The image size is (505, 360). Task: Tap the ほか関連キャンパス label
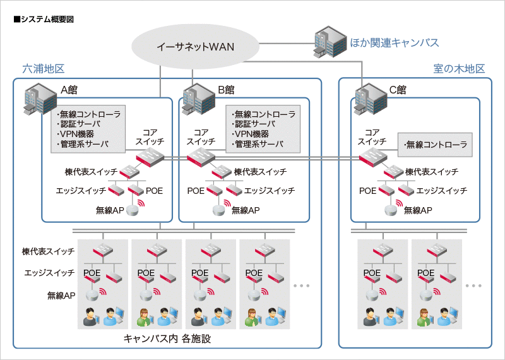point(395,43)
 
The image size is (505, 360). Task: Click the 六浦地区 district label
point(44,68)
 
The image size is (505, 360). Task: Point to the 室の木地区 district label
point(459,68)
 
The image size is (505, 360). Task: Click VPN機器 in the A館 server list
point(76,134)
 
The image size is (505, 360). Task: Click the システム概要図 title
point(43,20)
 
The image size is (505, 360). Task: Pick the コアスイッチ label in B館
point(201,137)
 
